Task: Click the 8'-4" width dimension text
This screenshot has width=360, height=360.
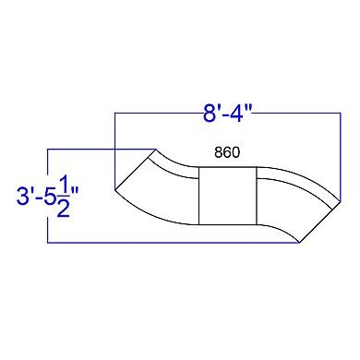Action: pos(227,114)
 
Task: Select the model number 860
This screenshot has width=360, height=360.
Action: pos(227,152)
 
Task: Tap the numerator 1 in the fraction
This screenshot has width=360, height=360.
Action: pos(64,184)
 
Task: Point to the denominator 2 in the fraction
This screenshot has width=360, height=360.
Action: pos(64,209)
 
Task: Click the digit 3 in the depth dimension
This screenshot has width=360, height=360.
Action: pos(22,196)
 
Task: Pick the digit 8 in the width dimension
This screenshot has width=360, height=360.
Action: pos(209,114)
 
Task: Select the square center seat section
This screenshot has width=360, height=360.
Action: pos(227,196)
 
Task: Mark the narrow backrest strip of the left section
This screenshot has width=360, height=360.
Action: pos(175,168)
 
